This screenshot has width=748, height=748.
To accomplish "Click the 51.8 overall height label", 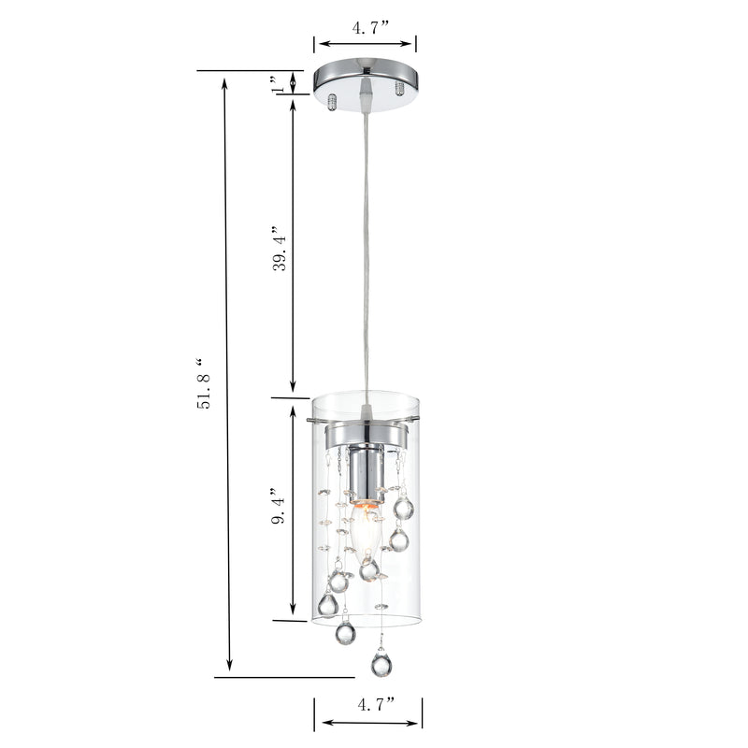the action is pos(203,383).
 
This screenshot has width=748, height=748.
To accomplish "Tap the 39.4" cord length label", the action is pos(280,248).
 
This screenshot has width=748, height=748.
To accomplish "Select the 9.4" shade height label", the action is pos(279,506).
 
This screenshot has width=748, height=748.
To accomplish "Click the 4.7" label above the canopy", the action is pos(371,28).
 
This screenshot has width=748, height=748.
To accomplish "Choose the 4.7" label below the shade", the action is pos(377,704).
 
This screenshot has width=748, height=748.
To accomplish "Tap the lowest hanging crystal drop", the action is pos(381,663).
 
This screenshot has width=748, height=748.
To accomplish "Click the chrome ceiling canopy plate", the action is pos(366,85).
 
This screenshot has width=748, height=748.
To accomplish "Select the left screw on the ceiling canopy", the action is pos(333,102).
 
